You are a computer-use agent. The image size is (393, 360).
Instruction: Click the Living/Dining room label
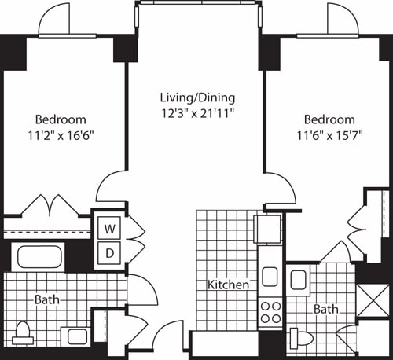tap(197, 98)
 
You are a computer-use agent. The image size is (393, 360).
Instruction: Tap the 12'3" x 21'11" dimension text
tap(197, 113)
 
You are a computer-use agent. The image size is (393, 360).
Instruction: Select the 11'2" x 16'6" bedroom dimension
tap(60, 134)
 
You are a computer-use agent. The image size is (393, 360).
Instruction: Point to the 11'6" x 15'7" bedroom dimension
tap(329, 134)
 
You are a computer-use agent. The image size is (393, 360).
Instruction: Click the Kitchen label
tap(229, 285)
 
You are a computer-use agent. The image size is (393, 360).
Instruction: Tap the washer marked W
tap(110, 229)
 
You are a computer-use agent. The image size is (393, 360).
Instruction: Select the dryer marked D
tap(110, 254)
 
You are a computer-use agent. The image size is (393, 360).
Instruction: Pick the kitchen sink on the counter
tap(270, 277)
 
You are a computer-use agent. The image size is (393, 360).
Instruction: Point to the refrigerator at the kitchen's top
tap(268, 228)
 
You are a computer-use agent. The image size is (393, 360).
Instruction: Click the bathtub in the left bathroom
tap(39, 258)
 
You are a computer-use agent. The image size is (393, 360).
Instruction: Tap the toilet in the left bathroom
tap(24, 332)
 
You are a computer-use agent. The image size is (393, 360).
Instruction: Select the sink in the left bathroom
tap(76, 336)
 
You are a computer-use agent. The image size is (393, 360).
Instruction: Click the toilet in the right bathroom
tap(301, 337)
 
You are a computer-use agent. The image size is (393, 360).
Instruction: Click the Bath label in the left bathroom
tap(46, 299)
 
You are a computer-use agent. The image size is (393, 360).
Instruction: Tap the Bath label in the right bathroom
tap(325, 310)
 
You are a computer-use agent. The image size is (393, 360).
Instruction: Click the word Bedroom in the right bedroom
tap(329, 119)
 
